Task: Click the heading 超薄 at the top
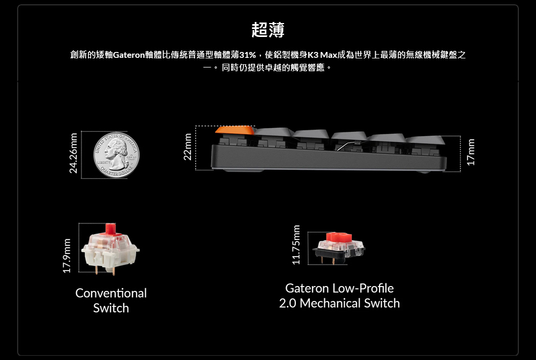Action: click(268, 30)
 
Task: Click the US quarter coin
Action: click(116, 154)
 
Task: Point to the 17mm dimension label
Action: click(471, 152)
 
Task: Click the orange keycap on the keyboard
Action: click(234, 130)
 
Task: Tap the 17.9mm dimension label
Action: click(67, 255)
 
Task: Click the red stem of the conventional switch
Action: click(111, 229)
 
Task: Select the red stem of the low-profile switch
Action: click(338, 237)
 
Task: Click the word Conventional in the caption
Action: click(111, 293)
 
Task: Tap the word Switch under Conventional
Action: click(111, 308)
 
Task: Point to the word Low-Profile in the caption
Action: click(363, 289)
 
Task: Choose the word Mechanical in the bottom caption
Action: click(330, 303)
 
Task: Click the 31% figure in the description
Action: click(248, 55)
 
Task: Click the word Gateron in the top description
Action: click(129, 55)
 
